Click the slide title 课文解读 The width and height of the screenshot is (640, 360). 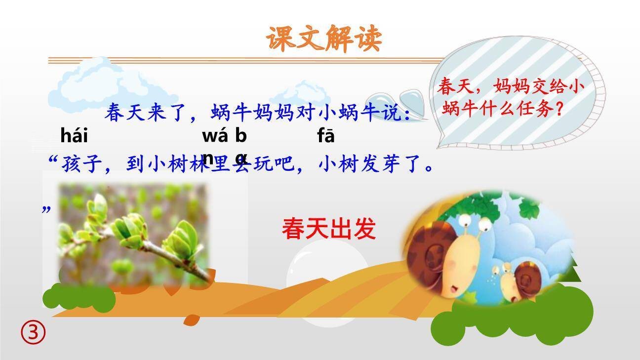324,38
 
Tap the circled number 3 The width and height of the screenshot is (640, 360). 33,333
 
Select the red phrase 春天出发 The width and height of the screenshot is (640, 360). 329,229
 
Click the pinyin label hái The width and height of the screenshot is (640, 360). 74,135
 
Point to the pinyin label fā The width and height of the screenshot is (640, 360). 326,136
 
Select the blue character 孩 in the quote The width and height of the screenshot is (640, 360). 71,164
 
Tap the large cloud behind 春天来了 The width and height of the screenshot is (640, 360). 109,86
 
